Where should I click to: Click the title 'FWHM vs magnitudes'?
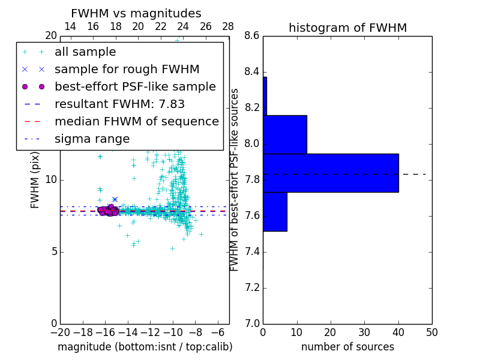136,14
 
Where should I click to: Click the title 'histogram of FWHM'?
347,28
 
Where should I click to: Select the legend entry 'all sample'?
85,52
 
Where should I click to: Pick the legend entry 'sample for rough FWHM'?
127,69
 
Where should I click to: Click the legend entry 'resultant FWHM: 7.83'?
119,104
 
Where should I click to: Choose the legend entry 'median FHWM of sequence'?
136,121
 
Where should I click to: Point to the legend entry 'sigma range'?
92,139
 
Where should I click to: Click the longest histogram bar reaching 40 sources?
331,173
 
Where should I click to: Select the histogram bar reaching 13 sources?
285,134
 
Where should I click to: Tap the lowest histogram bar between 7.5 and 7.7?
275,211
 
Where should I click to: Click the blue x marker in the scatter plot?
115,199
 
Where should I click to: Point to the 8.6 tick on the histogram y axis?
252,36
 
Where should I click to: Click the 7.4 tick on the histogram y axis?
252,251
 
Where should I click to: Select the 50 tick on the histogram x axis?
431,331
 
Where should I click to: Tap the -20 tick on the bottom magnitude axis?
60,332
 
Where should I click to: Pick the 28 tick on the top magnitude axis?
228,26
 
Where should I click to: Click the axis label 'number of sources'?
347,347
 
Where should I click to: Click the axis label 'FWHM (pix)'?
35,180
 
